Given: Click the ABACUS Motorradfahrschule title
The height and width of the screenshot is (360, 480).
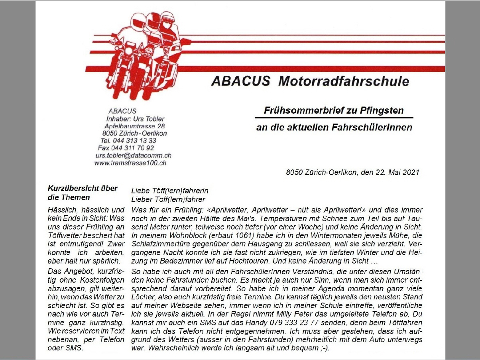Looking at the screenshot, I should tap(310, 81).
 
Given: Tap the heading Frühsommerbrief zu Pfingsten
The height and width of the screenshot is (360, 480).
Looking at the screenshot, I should tap(334, 110).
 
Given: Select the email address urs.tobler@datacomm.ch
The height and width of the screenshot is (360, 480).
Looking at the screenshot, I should tap(133, 155).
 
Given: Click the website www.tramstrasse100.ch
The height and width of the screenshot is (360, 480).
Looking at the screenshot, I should tap(130, 163).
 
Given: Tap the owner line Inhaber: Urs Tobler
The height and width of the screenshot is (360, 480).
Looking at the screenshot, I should tap(135, 119).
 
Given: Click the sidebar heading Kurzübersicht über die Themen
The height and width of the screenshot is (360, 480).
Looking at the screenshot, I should tap(83, 193).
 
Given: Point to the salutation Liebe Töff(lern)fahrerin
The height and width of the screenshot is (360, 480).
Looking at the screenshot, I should tap(170, 191).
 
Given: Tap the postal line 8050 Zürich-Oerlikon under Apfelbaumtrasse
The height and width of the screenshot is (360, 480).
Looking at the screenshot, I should tap(134, 134).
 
